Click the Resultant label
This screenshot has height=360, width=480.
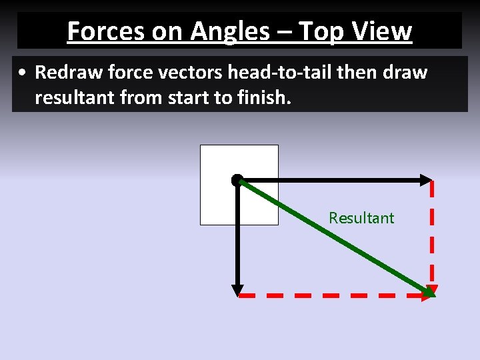[361, 218]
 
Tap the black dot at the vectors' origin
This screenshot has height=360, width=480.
[237, 179]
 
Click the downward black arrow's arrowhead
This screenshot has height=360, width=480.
[237, 290]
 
